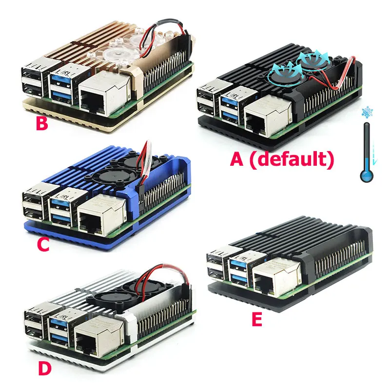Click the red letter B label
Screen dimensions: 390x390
(x=42, y=123)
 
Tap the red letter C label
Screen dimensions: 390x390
(x=43, y=245)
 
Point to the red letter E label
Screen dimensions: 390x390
(x=257, y=319)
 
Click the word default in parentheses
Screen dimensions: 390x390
(x=292, y=159)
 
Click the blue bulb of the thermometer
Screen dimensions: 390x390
(x=367, y=175)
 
